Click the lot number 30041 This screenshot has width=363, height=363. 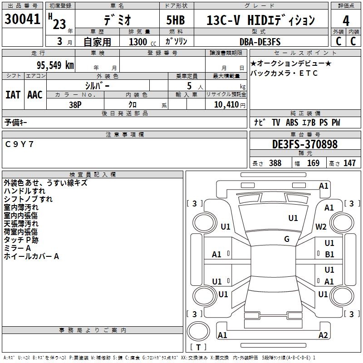[22, 19]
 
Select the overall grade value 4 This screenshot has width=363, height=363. [346, 21]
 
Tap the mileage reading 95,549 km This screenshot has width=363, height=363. [55, 65]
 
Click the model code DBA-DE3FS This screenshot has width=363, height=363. [260, 42]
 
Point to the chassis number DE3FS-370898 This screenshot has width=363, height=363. [305, 144]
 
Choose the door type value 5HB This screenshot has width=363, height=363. [176, 20]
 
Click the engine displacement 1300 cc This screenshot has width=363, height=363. [142, 42]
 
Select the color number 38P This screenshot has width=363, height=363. [75, 105]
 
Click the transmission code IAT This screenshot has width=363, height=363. [13, 95]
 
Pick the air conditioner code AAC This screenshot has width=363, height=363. [35, 95]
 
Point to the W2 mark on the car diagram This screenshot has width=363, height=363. [321, 226]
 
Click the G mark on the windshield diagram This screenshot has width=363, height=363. [287, 239]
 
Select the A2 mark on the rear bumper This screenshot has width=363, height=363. [323, 335]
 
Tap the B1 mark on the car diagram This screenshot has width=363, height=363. [329, 255]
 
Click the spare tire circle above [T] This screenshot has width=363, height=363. [198, 331]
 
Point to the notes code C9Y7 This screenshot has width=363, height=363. [20, 144]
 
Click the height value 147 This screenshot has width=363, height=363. [349, 163]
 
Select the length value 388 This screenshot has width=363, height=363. [275, 163]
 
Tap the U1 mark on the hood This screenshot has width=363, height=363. [293, 218]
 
